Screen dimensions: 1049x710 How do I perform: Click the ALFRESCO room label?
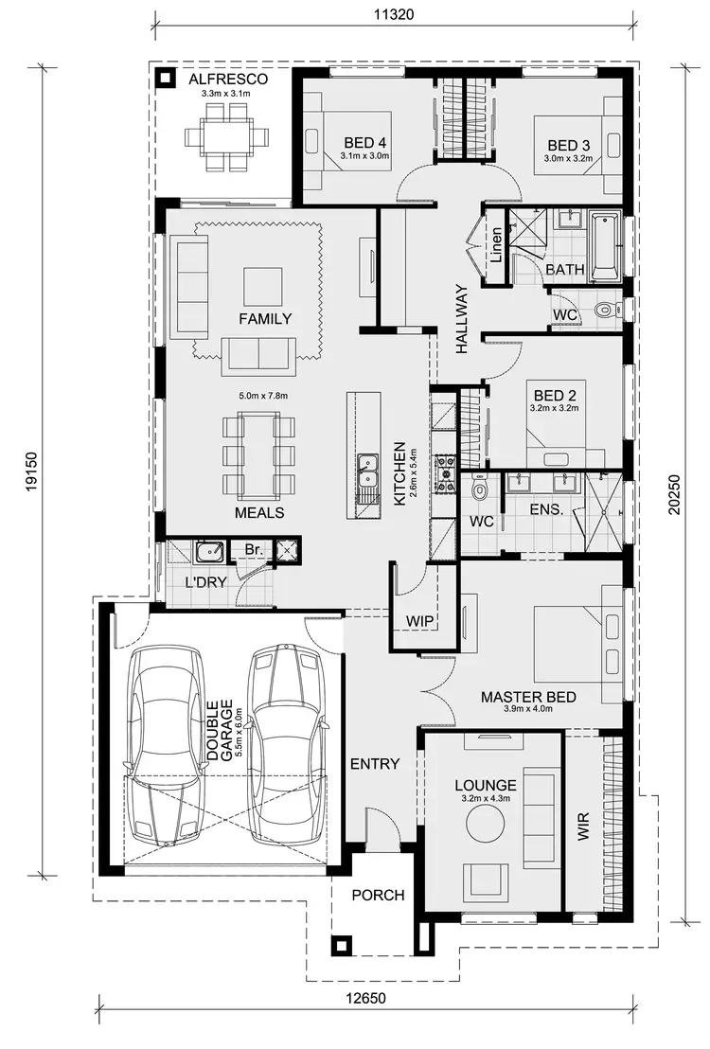click(226, 80)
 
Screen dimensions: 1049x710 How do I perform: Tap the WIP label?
click(419, 620)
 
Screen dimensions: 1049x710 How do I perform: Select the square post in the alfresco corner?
click(166, 79)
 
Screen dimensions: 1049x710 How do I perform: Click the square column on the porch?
click(340, 945)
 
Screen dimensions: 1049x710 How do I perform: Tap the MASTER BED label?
click(528, 698)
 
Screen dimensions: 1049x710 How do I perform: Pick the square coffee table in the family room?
click(262, 285)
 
